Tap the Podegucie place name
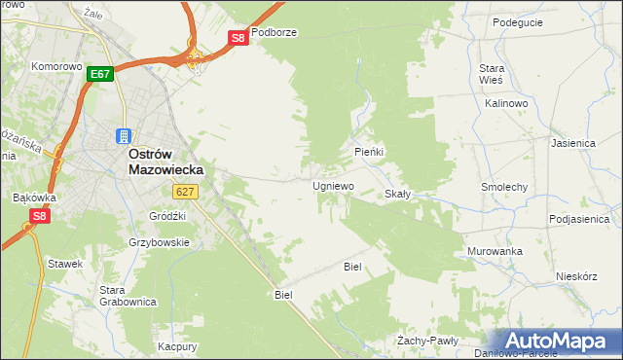[x=517, y=22]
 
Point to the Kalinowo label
[x=505, y=102]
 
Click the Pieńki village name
[x=369, y=153]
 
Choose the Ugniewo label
[x=332, y=185]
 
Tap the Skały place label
[x=397, y=194]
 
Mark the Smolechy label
[x=504, y=186]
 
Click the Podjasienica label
[x=582, y=219]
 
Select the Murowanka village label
[x=494, y=251]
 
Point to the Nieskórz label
[x=575, y=275]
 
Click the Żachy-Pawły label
[x=427, y=341]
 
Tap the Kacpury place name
[x=178, y=346]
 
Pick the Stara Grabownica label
[x=128, y=296]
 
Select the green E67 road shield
[x=101, y=73]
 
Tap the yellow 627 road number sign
[x=187, y=192]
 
